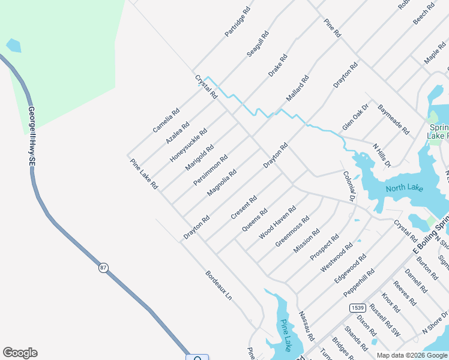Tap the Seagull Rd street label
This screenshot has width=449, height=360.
tap(258, 44)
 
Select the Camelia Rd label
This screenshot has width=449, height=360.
tap(166, 120)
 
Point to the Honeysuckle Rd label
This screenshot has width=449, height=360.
tap(188, 145)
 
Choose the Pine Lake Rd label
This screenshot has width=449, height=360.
tap(144, 174)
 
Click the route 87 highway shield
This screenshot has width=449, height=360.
tap(104, 268)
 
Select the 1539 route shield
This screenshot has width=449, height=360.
tap(357, 307)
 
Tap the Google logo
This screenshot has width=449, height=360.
tap(20, 353)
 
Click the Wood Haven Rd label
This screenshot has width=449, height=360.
tap(277, 223)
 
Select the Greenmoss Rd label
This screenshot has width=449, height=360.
tap(292, 230)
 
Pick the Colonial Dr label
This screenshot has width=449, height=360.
tap(349, 185)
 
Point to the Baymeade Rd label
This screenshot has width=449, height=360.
tap(393, 119)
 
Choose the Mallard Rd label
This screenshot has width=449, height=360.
tap(298, 88)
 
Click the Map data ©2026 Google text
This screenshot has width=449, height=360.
tap(412, 355)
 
